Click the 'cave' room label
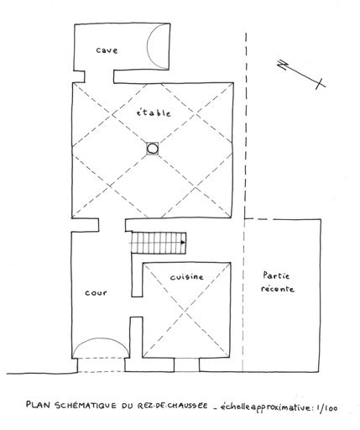coord(107,50)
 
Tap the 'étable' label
coord(154,113)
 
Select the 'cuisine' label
coord(187,277)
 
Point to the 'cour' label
coord(96,293)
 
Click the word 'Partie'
coord(276,275)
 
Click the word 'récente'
coord(278,289)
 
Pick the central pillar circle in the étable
coord(153,149)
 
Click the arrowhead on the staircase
coord(183,243)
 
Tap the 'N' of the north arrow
coord(283,65)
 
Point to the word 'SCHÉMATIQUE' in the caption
coord(86,406)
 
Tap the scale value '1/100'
coord(326,408)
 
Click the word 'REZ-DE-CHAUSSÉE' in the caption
coord(173,406)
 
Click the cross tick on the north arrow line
coord(321,84)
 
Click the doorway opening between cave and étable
coord(99,76)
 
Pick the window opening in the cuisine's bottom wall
coord(186,365)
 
